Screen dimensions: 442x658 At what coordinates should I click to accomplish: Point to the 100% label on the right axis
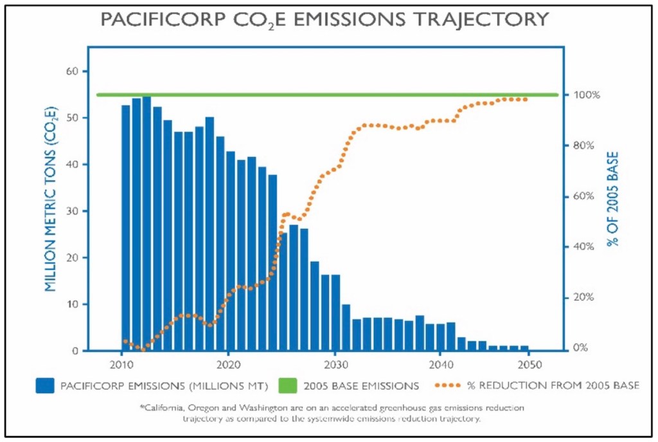tap(586, 95)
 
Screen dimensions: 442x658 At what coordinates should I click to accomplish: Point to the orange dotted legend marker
tap(452, 386)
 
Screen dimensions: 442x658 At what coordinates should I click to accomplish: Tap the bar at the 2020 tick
tap(231, 251)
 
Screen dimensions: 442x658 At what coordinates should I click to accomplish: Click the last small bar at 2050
tap(524, 348)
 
